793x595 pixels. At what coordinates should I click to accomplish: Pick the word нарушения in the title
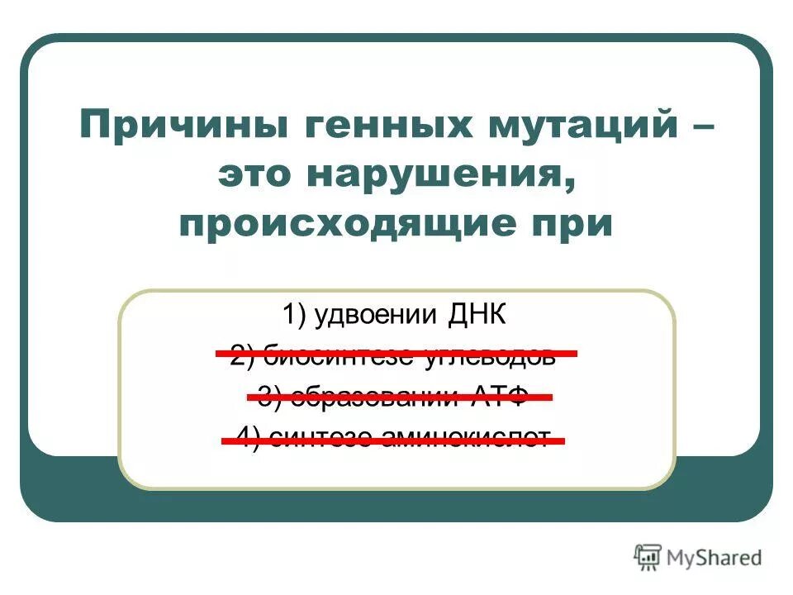point(442,175)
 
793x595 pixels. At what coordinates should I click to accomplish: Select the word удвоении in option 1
point(376,315)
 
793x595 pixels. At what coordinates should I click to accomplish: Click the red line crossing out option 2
point(396,354)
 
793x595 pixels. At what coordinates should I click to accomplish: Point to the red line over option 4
point(393,441)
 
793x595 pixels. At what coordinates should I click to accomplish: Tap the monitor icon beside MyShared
point(648,557)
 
